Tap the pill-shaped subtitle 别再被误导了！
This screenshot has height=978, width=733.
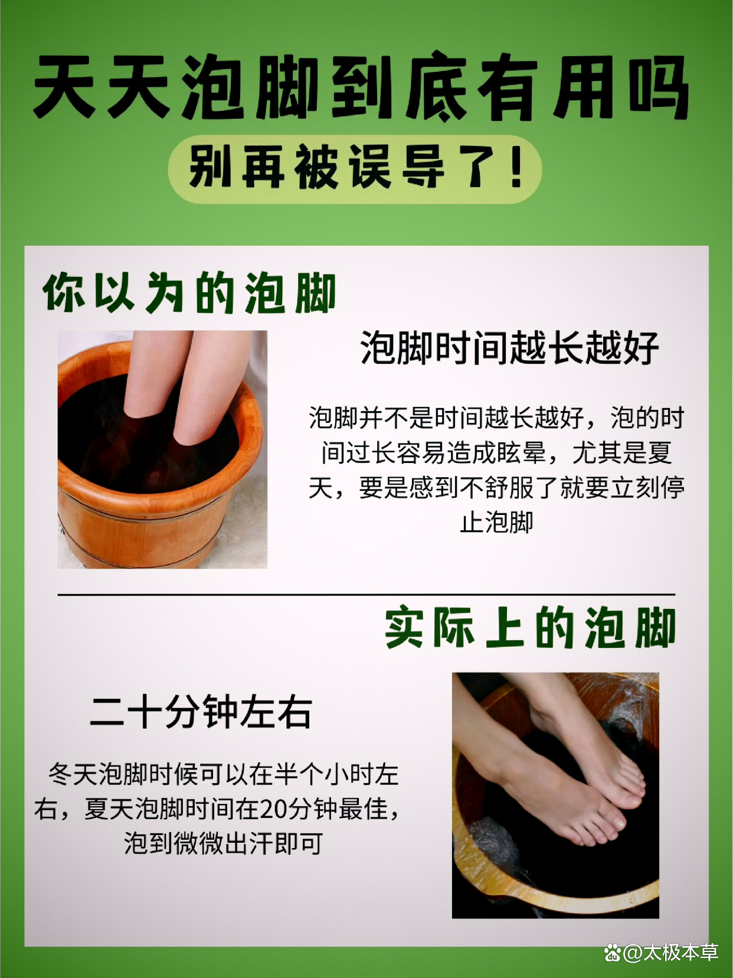355,169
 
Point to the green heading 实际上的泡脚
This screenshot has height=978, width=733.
531,628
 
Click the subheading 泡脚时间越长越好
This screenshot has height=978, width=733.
509,347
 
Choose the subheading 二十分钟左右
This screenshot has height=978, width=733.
201,712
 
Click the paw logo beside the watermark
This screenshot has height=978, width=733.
613,953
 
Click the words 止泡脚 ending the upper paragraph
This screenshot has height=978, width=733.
496,522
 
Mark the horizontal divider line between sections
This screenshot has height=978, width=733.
366,594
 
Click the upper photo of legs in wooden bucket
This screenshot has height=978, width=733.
162,449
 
